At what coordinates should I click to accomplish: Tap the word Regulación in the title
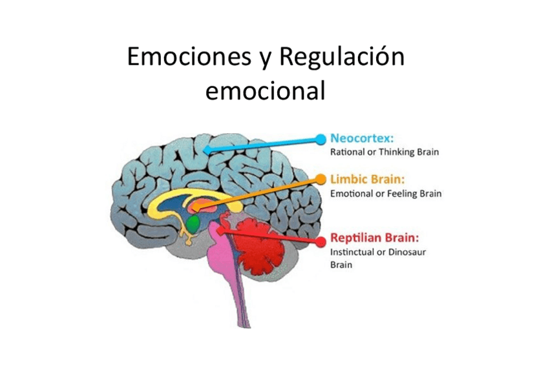pos(341,58)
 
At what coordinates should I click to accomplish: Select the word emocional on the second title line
pos(265,91)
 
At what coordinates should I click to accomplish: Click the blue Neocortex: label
pos(363,138)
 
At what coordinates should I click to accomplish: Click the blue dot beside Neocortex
pos(321,139)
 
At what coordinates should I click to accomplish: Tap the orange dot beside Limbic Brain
pos(320,178)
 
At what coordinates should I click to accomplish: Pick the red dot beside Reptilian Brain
pos(320,241)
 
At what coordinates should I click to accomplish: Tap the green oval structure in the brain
pos(193,224)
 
